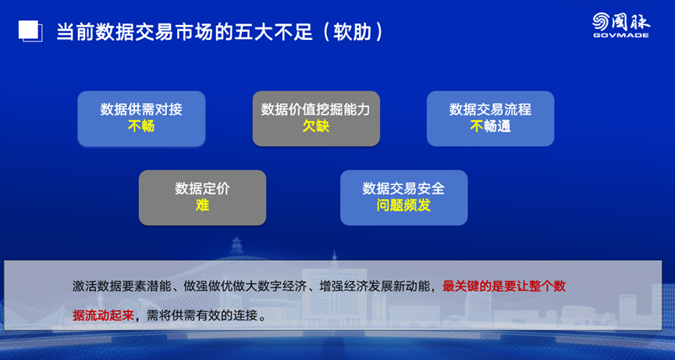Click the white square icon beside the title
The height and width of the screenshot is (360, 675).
(x=30, y=31)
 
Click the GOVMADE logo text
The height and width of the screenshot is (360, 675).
(x=620, y=34)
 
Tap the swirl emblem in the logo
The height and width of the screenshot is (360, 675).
(x=601, y=21)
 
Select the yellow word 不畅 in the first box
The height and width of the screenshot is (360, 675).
(x=141, y=127)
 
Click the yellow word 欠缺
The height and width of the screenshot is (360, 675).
(x=316, y=127)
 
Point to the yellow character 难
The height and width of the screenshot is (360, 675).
(x=202, y=205)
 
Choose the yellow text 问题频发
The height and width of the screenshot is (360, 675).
(x=403, y=205)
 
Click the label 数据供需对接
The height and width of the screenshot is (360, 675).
(x=141, y=109)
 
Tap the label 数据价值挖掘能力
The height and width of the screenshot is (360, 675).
(x=315, y=109)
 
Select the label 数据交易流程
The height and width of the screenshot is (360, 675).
(x=490, y=109)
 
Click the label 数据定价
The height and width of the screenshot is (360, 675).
(x=202, y=188)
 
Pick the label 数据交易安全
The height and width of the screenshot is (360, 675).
(x=403, y=188)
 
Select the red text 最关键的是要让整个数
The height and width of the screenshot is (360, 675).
(x=503, y=287)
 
